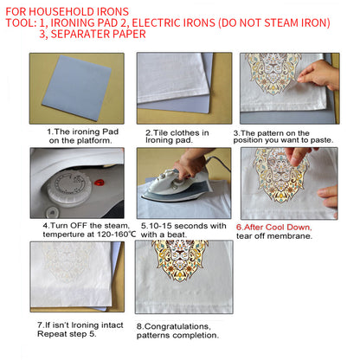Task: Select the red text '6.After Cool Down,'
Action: (275, 228)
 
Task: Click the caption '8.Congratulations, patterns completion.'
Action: (177, 330)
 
